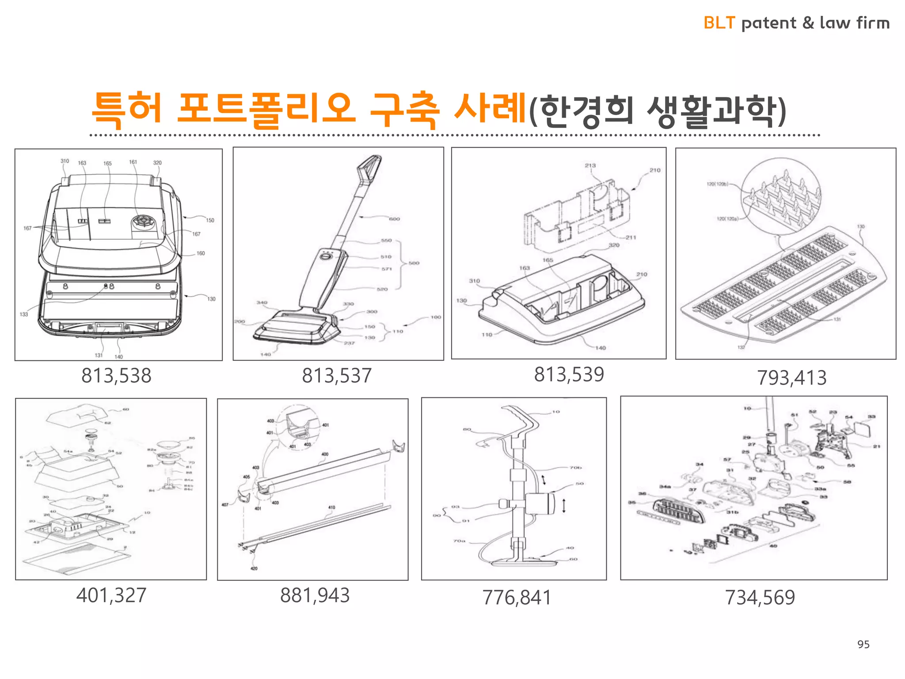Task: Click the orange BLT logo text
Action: coord(719,23)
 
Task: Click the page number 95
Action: coord(863,644)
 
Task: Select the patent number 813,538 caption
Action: coord(116,376)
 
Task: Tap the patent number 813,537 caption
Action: coord(337,376)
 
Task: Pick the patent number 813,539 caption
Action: coord(569,374)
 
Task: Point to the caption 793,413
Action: coord(791,378)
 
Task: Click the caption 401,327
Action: coord(111,595)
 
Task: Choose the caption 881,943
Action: coord(315,595)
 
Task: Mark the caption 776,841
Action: coord(517,598)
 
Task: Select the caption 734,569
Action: coord(760,598)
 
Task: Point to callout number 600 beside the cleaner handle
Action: coord(394,219)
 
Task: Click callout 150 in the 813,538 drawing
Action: coord(210,220)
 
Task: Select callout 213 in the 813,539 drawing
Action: coord(590,165)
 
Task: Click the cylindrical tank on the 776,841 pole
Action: coord(540,503)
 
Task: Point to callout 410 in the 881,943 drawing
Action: coord(331,507)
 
